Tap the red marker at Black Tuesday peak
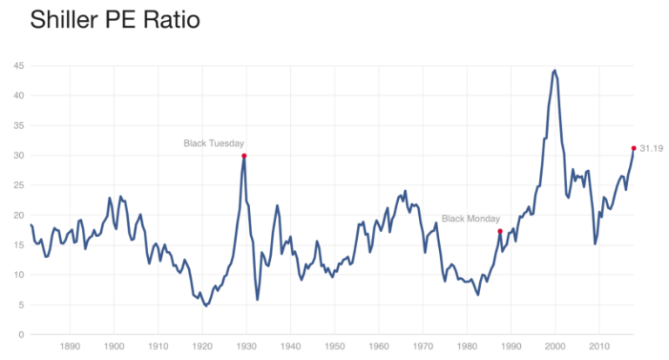tap(244, 155)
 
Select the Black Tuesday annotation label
tap(213, 143)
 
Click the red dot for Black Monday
tap(500, 231)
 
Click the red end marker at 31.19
tap(633, 148)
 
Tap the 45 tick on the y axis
tap(17, 65)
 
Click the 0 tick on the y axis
tap(20, 335)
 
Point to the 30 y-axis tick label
tap(17, 155)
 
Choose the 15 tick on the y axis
tap(17, 245)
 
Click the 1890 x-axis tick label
tap(71, 345)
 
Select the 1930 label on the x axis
tap(243, 345)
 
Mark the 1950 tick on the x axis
tap(333, 345)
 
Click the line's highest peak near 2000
tap(555, 70)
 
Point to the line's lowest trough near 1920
tap(206, 306)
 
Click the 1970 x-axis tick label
tap(422, 345)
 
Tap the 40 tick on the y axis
tap(17, 95)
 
